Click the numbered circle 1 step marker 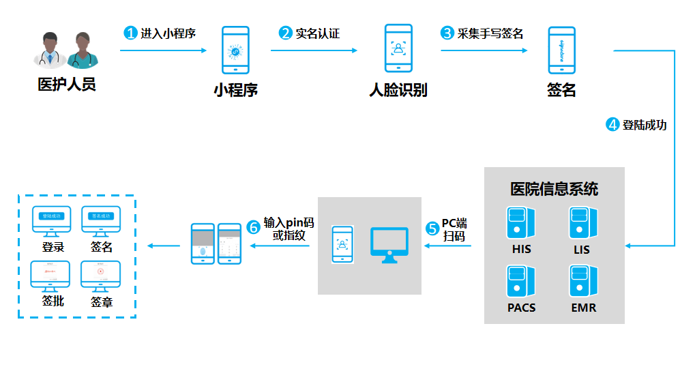(x=131, y=33)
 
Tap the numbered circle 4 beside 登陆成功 (x=613, y=125)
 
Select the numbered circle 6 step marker (x=254, y=227)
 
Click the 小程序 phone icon (x=235, y=50)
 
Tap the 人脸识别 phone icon (x=398, y=48)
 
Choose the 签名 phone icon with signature (x=561, y=50)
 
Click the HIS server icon (x=521, y=222)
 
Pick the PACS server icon (x=521, y=282)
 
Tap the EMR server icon (x=583, y=282)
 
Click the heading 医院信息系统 (x=554, y=188)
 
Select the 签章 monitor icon (x=101, y=276)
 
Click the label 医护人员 (x=66, y=85)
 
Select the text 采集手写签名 (x=491, y=33)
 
